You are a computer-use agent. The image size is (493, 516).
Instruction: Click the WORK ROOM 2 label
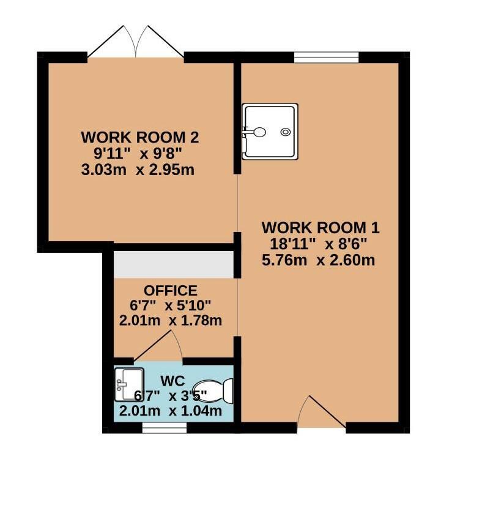[x=140, y=136]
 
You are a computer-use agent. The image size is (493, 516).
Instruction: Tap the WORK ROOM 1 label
[x=321, y=228]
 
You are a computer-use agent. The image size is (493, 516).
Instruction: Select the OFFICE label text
[x=171, y=291]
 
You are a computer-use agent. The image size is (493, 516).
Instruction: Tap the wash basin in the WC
[x=128, y=384]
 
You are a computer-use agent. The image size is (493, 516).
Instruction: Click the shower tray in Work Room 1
[x=270, y=132]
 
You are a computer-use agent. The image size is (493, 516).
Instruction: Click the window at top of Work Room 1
[x=326, y=58]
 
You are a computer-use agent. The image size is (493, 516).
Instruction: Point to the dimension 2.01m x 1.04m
[x=170, y=411]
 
